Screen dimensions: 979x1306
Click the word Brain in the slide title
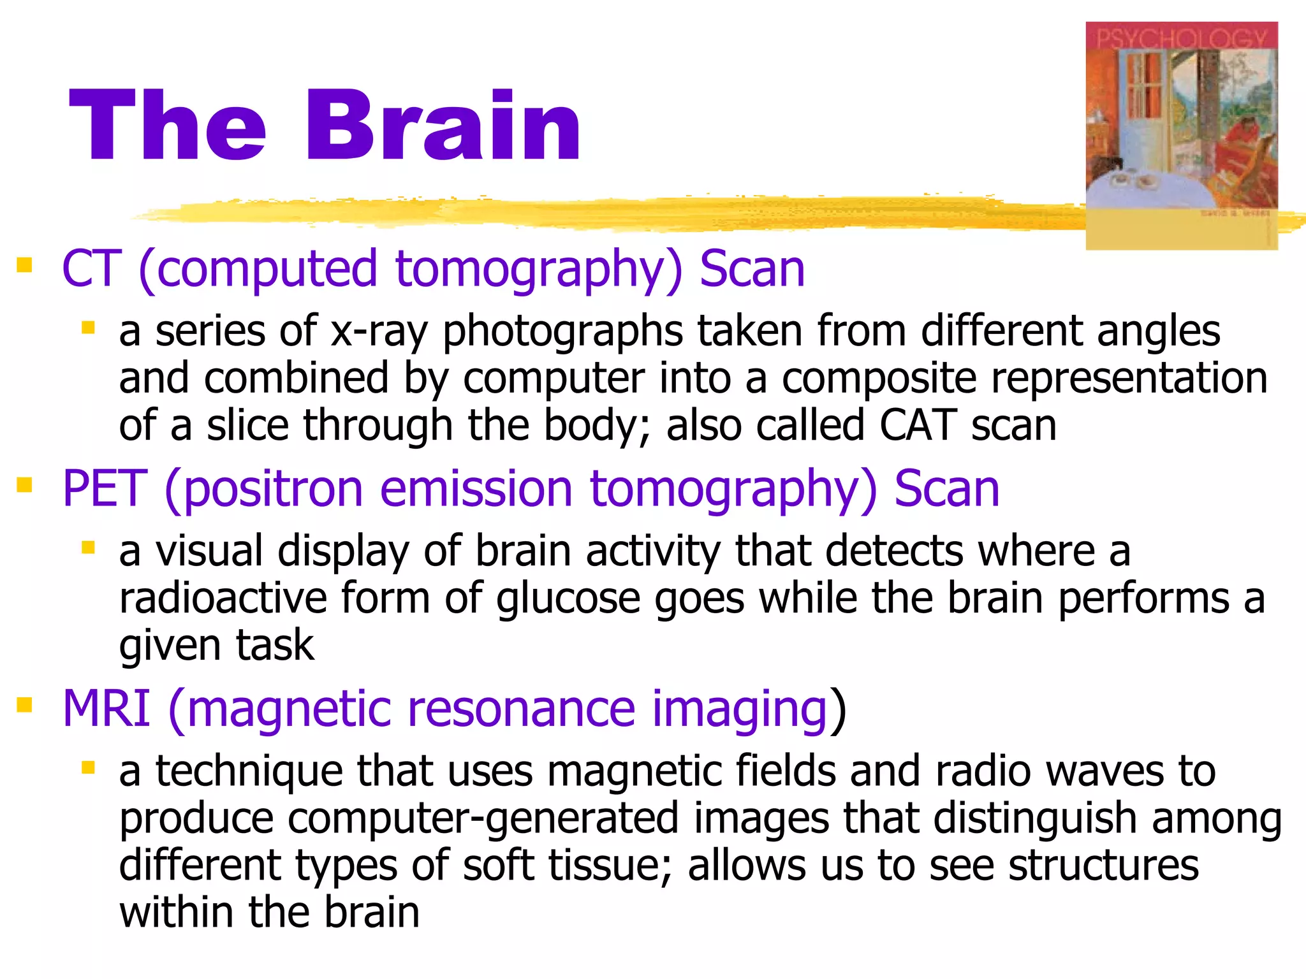(x=443, y=126)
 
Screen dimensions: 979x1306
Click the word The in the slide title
(x=167, y=126)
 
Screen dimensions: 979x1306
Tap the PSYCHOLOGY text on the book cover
(x=1181, y=38)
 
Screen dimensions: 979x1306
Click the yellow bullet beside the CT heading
(x=24, y=265)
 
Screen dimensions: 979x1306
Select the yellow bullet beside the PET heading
(x=24, y=486)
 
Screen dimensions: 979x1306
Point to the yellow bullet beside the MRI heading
(x=24, y=705)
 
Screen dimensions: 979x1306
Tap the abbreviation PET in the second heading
(x=105, y=488)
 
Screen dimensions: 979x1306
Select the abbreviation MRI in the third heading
(x=106, y=708)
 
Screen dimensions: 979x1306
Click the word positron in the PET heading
(x=273, y=489)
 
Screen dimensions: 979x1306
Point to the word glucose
(x=568, y=599)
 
